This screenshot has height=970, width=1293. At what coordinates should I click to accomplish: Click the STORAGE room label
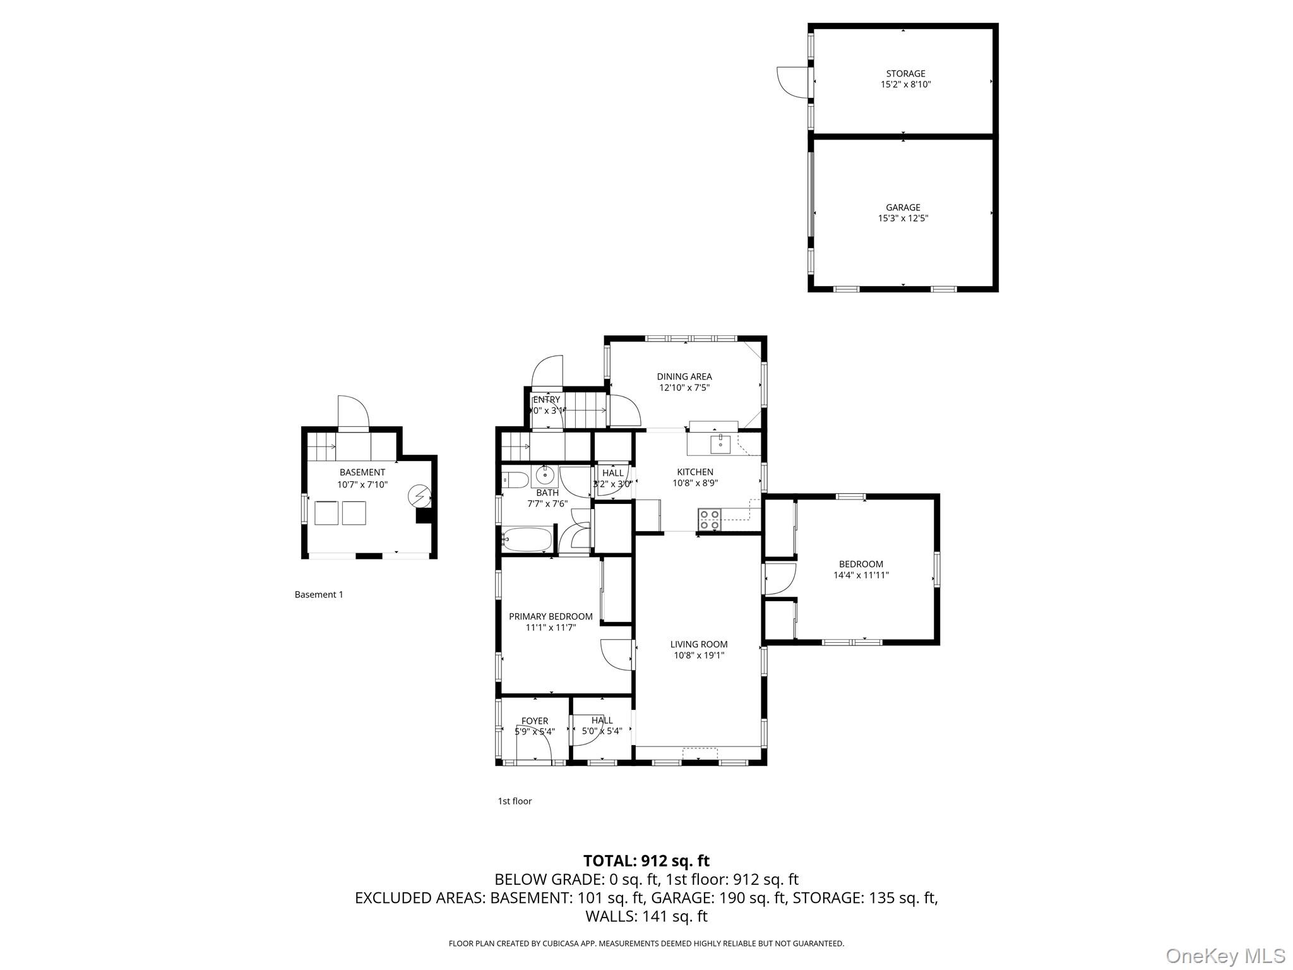pos(905,74)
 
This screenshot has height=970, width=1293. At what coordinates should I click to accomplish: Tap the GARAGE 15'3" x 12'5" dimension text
pos(903,219)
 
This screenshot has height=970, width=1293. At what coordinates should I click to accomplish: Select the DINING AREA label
pos(684,376)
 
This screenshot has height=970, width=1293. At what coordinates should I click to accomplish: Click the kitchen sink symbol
pos(720,444)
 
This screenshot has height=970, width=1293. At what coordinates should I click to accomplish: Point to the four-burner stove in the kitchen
pos(710,519)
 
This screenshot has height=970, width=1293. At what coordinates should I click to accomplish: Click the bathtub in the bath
pos(527,539)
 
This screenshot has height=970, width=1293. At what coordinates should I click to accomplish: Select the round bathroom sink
pos(544,475)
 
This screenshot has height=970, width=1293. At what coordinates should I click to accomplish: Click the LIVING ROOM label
pos(699,644)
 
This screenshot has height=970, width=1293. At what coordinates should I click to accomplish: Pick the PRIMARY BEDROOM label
pos(551,616)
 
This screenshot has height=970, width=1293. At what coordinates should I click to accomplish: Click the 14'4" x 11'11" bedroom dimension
pos(861,575)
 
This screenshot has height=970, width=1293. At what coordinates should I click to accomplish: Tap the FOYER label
pos(535,721)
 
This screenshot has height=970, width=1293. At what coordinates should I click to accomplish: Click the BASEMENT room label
pos(362,472)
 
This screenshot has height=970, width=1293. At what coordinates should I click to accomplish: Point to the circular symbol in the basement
pos(418,496)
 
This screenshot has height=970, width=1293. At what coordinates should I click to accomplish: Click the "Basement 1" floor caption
pos(319,594)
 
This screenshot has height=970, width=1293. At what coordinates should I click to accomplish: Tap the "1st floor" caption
pos(515,801)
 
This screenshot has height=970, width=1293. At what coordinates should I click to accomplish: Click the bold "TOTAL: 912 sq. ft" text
pos(646,861)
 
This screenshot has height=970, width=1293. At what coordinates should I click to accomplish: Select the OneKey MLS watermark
pos(1225,955)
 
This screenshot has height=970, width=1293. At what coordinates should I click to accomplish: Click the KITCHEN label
pos(695,472)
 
